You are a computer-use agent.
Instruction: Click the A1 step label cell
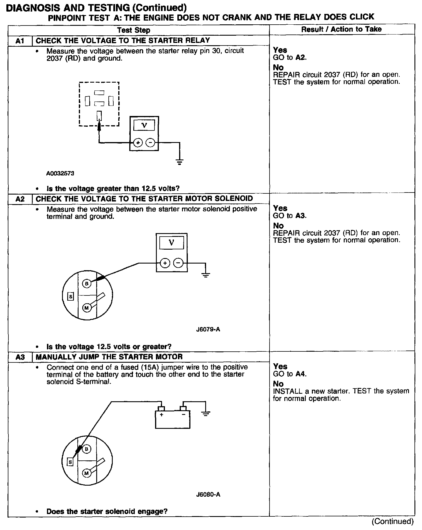(20, 41)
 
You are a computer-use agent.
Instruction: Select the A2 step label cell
(20, 199)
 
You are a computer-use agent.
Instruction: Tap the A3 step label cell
(20, 357)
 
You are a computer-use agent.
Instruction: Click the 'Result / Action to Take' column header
(341, 29)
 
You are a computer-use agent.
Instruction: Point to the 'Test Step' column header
(134, 30)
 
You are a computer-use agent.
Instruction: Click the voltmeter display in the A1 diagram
(144, 125)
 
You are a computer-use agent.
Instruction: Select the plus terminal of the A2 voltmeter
(165, 263)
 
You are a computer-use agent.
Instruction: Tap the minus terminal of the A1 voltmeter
(150, 143)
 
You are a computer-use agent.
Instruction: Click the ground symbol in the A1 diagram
(180, 162)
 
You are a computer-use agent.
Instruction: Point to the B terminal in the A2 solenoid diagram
(87, 283)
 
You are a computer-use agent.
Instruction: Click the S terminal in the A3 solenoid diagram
(70, 462)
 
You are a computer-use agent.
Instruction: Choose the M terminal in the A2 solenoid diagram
(86, 308)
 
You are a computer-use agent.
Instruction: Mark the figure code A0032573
(60, 174)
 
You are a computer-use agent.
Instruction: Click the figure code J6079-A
(208, 329)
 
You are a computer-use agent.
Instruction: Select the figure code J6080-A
(208, 494)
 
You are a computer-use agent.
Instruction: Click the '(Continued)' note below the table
(393, 521)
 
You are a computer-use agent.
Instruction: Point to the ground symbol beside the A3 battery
(206, 414)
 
